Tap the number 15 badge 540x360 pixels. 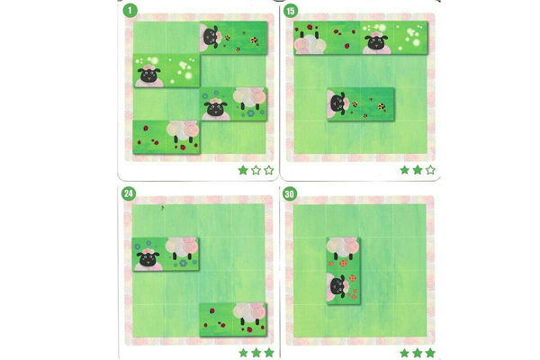pyautogui.click(x=291, y=11)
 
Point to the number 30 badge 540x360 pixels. pyautogui.click(x=291, y=192)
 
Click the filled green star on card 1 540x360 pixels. pyautogui.click(x=243, y=169)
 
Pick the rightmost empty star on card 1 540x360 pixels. pyautogui.click(x=268, y=169)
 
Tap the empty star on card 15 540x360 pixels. pyautogui.click(x=430, y=169)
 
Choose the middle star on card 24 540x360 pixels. pyautogui.click(x=256, y=352)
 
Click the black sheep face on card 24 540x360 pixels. pyautogui.click(x=145, y=259)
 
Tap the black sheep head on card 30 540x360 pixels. pyautogui.click(x=337, y=287)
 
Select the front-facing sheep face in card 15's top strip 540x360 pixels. pyautogui.click(x=373, y=41)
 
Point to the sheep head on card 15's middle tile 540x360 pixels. pyautogui.click(x=337, y=103)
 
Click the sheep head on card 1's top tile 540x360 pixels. pyautogui.click(x=211, y=37)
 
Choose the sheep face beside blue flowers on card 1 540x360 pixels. pyautogui.click(x=214, y=108)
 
